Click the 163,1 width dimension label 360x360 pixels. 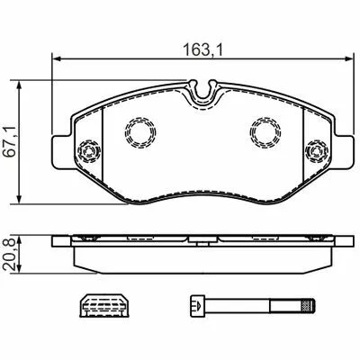click(x=202, y=50)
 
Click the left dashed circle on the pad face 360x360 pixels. click(x=140, y=132)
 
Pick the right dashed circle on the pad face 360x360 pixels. click(x=265, y=132)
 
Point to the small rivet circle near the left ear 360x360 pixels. click(x=88, y=151)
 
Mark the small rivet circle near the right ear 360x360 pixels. click(x=316, y=151)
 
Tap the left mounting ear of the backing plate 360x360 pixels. click(x=62, y=152)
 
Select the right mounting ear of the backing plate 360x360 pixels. click(x=343, y=152)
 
